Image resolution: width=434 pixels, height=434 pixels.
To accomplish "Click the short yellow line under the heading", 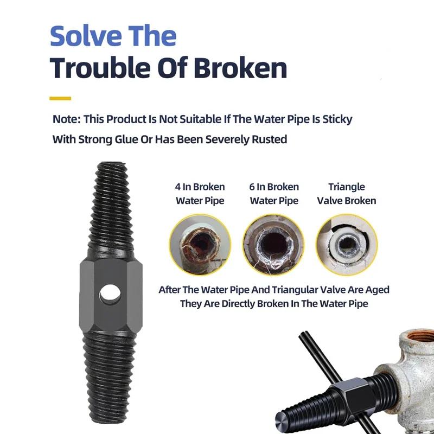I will (60, 98).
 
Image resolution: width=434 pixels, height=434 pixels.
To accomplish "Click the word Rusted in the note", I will (269, 139).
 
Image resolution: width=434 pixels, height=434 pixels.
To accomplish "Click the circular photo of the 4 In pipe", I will (200, 245).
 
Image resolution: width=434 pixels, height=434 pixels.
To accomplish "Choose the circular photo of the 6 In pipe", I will (274, 245).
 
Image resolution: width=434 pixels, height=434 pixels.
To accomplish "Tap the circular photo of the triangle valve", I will (347, 245).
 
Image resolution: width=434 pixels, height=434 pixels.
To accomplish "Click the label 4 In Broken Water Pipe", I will (200, 194).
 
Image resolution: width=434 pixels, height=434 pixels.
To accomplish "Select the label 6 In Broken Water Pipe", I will (274, 194).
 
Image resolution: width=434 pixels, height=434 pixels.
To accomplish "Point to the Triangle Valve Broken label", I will (347, 194).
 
